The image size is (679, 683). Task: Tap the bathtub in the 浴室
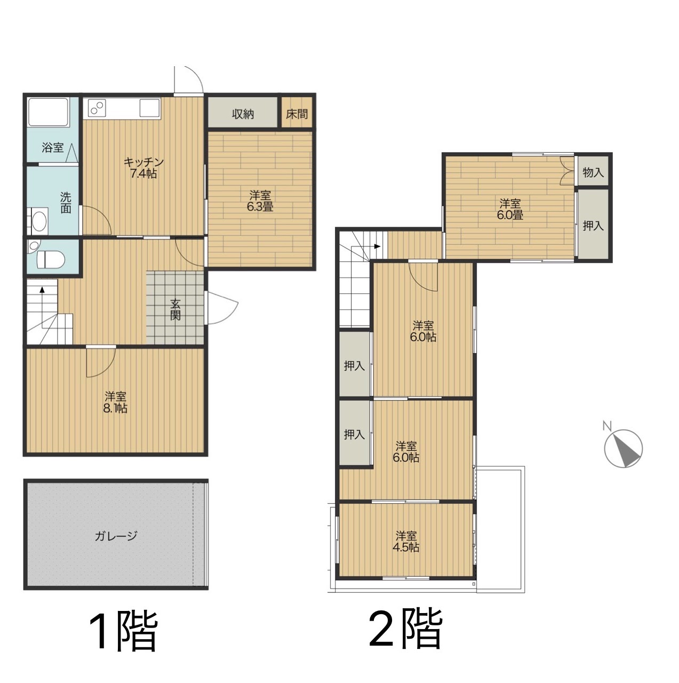(48, 112)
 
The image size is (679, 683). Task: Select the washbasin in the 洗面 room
(38, 221)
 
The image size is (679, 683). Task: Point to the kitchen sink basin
(149, 108)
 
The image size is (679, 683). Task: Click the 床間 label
(297, 114)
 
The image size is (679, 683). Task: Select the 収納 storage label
(243, 114)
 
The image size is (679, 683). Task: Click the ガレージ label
(116, 536)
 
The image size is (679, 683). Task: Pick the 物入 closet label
(593, 172)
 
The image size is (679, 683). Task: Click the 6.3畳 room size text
(260, 207)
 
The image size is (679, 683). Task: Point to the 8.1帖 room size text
(115, 408)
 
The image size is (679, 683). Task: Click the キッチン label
(143, 162)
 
